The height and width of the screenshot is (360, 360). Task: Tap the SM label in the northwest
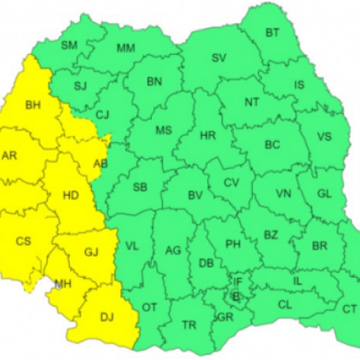(x=69, y=45)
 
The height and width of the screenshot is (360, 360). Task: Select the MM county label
(x=126, y=48)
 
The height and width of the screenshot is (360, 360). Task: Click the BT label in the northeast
(x=272, y=32)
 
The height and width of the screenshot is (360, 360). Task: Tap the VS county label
(x=324, y=137)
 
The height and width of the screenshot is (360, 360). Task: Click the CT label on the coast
(x=350, y=309)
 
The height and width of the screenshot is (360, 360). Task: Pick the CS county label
(x=24, y=241)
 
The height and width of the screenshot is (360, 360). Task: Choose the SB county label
(x=140, y=187)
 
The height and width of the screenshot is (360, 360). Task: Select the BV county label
(x=194, y=195)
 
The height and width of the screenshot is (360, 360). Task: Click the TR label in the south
(x=189, y=325)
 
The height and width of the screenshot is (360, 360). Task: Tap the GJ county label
(x=91, y=253)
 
